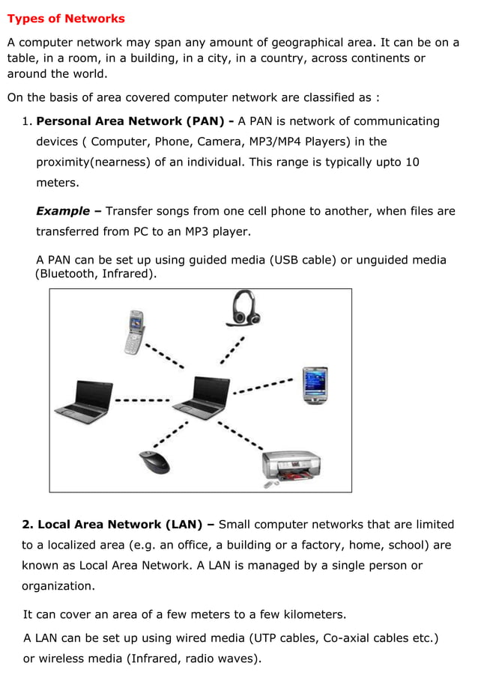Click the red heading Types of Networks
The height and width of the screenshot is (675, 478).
tap(66, 19)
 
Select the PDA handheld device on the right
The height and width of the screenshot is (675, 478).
tap(315, 385)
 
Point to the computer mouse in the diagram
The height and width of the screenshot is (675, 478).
tap(154, 462)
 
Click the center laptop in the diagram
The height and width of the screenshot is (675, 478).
tap(201, 397)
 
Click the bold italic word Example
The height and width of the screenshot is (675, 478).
tap(63, 211)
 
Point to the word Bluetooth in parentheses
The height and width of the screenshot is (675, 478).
tap(70, 275)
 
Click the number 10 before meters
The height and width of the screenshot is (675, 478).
tap(411, 162)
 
